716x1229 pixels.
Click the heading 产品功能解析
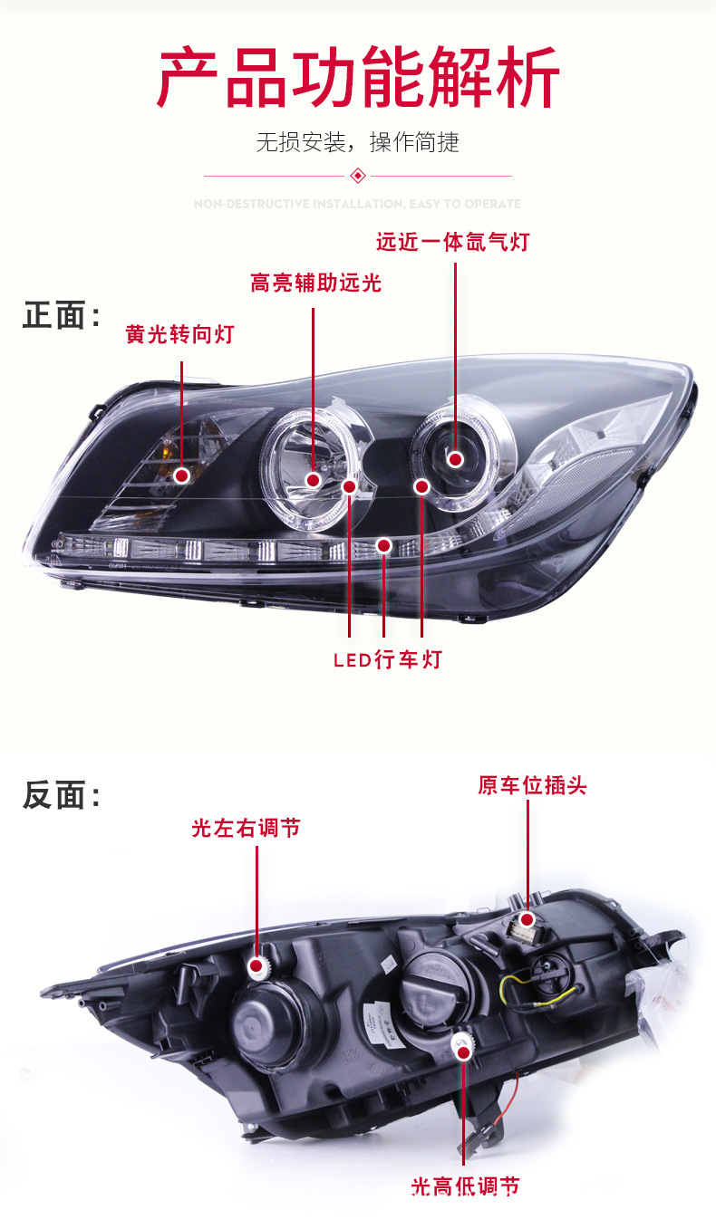click(x=358, y=80)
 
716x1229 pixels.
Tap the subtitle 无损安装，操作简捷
click(x=357, y=142)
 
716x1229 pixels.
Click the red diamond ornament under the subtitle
click(x=358, y=176)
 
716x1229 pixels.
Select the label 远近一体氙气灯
click(x=452, y=243)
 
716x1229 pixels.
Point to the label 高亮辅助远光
click(x=315, y=283)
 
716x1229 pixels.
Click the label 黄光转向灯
click(x=179, y=335)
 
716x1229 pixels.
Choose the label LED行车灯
click(x=387, y=659)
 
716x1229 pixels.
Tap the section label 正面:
click(x=61, y=316)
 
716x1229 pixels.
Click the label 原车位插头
click(x=532, y=785)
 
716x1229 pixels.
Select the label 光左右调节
click(x=246, y=828)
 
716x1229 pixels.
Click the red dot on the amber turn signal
click(x=182, y=475)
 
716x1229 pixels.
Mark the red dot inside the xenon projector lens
click(x=455, y=460)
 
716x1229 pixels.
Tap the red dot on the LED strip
click(x=383, y=545)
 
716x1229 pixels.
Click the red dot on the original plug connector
click(x=527, y=920)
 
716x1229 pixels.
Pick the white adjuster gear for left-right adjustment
click(x=260, y=969)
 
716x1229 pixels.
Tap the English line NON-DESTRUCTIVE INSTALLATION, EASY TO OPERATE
click(x=357, y=205)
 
